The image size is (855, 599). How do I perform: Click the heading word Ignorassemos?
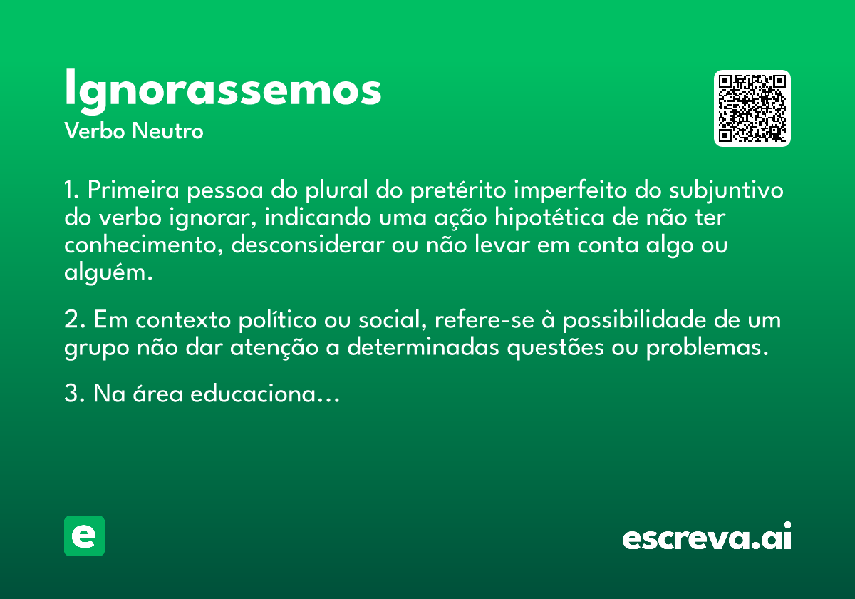click(x=223, y=91)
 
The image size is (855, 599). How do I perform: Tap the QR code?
click(x=752, y=108)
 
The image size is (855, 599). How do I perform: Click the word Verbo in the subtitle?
click(x=95, y=130)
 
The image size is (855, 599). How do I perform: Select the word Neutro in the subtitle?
click(x=167, y=130)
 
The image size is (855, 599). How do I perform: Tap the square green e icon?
click(x=84, y=536)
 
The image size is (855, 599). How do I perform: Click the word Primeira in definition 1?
click(x=133, y=190)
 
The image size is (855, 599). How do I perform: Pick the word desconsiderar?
click(x=308, y=245)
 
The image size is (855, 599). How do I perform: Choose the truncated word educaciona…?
click(x=265, y=394)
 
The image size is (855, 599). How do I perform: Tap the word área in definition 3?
click(x=157, y=394)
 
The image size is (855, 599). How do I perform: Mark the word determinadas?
click(x=423, y=347)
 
